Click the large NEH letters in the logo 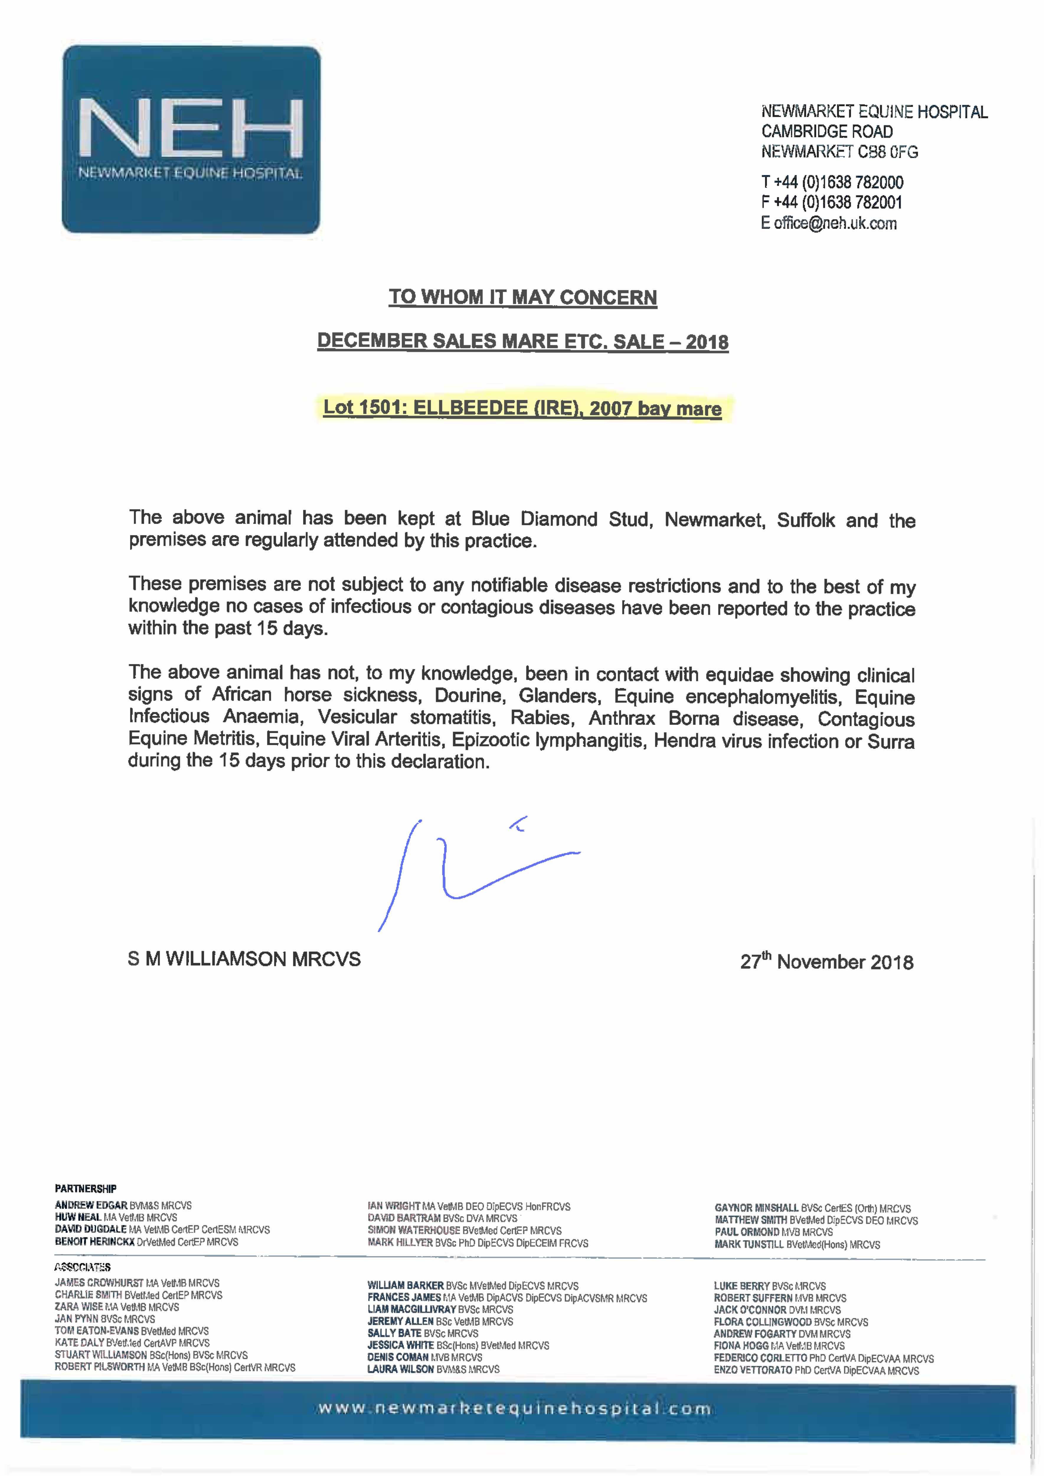[190, 129]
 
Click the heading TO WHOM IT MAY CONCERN [523, 298]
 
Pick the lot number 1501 [378, 408]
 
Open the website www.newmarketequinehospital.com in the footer [514, 1410]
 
